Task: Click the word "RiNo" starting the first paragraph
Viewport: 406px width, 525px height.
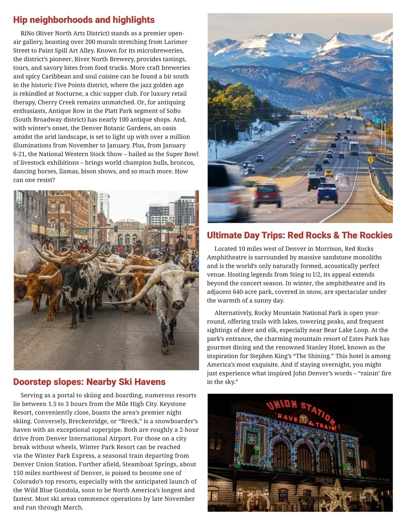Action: pyautogui.click(x=27, y=33)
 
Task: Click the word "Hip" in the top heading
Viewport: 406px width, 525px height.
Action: pyautogui.click(x=20, y=20)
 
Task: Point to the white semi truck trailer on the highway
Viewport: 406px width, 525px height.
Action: pyautogui.click(x=354, y=148)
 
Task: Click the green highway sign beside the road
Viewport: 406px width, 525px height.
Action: pyautogui.click(x=377, y=121)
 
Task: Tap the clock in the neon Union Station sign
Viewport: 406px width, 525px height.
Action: pyautogui.click(x=303, y=419)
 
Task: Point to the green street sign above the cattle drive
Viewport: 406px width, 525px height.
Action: pyautogui.click(x=83, y=230)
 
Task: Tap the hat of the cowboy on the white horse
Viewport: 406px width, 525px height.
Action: pyautogui.click(x=181, y=236)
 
